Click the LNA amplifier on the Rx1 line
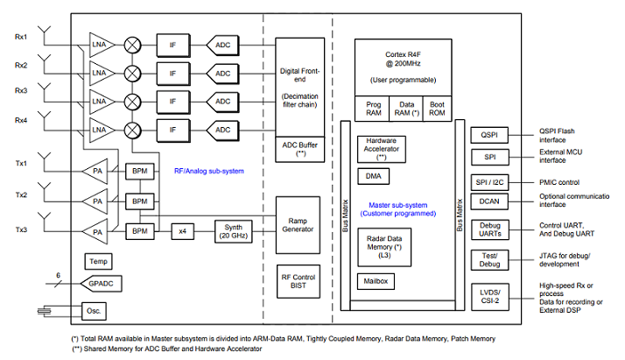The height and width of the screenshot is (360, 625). (101, 45)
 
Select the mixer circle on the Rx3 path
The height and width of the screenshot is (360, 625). (132, 102)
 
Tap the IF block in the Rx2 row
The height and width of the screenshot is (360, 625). (173, 74)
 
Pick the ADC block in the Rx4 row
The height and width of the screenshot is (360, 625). (222, 130)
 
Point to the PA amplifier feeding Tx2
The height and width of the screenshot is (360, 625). (95, 201)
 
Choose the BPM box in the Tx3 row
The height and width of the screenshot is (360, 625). (140, 231)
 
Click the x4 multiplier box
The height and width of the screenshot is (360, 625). (183, 231)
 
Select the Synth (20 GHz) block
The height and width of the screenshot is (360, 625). (233, 231)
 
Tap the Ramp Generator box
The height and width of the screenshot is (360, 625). (298, 225)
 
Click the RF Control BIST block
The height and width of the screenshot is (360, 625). (298, 281)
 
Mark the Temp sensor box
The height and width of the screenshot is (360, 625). (98, 262)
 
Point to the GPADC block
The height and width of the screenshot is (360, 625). (101, 284)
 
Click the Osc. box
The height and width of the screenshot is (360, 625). (94, 311)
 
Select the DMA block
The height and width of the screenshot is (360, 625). (373, 176)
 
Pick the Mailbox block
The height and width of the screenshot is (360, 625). (376, 281)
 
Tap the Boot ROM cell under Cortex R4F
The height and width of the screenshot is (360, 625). (437, 109)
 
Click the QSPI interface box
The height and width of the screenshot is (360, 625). (489, 135)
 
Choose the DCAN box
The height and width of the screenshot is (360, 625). (489, 201)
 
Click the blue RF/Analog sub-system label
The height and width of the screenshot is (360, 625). (209, 171)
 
